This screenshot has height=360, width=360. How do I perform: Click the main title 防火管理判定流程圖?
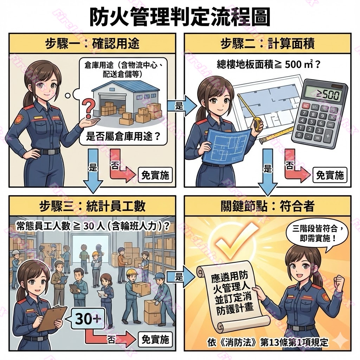[180, 18]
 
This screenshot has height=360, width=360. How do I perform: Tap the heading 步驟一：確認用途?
[92, 43]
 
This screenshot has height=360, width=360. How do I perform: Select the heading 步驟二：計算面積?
[268, 43]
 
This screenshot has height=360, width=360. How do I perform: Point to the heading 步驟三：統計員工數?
[92, 206]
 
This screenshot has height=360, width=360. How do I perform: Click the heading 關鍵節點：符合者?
[268, 206]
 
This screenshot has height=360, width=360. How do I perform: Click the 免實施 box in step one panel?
[155, 175]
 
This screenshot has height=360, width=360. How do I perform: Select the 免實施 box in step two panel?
[330, 175]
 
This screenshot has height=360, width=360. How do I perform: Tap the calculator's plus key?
[328, 136]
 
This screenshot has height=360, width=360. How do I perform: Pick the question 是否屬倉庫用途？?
[123, 137]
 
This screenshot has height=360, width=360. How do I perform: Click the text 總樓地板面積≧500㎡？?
[268, 65]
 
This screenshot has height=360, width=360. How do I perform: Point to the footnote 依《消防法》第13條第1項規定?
[268, 342]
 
